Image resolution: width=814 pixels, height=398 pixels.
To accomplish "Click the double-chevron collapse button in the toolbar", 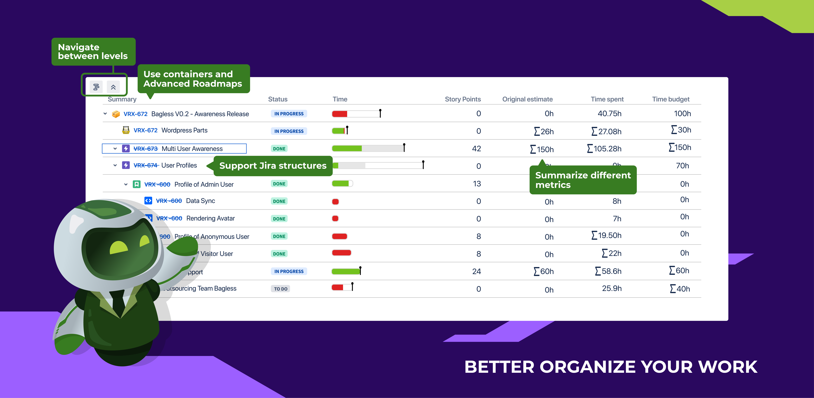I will tap(113, 87).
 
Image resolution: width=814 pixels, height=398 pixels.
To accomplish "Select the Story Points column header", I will tap(463, 99).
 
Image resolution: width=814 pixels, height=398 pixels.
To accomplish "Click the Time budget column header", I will tap(671, 99).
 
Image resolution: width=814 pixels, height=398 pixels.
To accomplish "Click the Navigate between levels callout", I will tap(93, 51).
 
